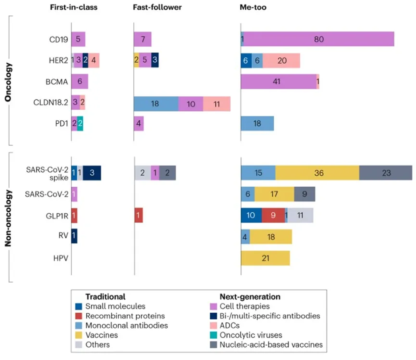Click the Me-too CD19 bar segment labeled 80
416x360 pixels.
(319, 39)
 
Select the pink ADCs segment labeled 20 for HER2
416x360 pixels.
(281, 61)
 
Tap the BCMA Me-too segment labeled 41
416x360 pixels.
(278, 82)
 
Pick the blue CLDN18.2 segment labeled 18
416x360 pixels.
(156, 103)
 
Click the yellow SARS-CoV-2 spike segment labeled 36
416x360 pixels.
(317, 173)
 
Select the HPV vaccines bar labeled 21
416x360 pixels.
(265, 258)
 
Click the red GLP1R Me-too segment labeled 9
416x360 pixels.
(273, 215)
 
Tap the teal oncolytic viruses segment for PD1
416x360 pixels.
(80, 124)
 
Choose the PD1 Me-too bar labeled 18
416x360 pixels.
(257, 124)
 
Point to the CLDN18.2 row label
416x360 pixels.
(50, 103)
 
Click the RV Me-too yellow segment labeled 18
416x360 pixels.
(270, 236)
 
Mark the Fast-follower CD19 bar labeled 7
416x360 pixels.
(142, 39)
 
